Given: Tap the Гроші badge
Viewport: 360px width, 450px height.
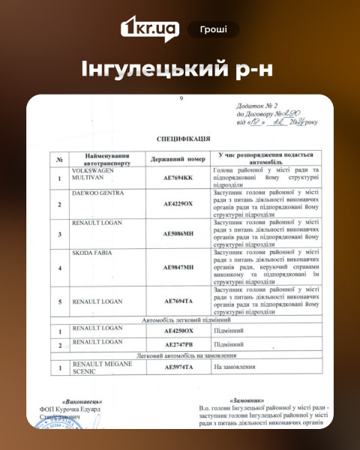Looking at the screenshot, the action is (214, 29).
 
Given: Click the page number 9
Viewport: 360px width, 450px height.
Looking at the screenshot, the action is (181, 99).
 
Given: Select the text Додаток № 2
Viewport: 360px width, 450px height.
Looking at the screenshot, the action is (256, 106).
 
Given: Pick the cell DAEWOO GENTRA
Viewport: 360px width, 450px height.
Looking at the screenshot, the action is (97, 193).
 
